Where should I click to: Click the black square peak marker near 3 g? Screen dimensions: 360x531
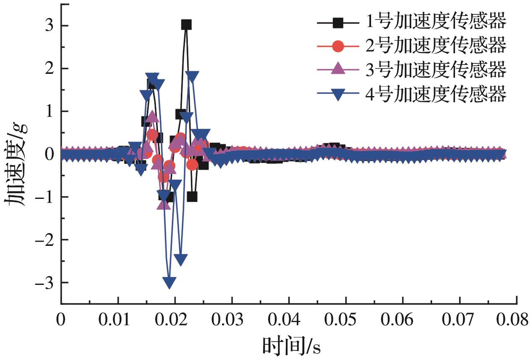[x=186, y=25]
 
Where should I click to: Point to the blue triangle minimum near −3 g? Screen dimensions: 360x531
[x=170, y=282]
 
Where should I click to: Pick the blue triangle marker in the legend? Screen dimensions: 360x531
[x=338, y=95]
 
